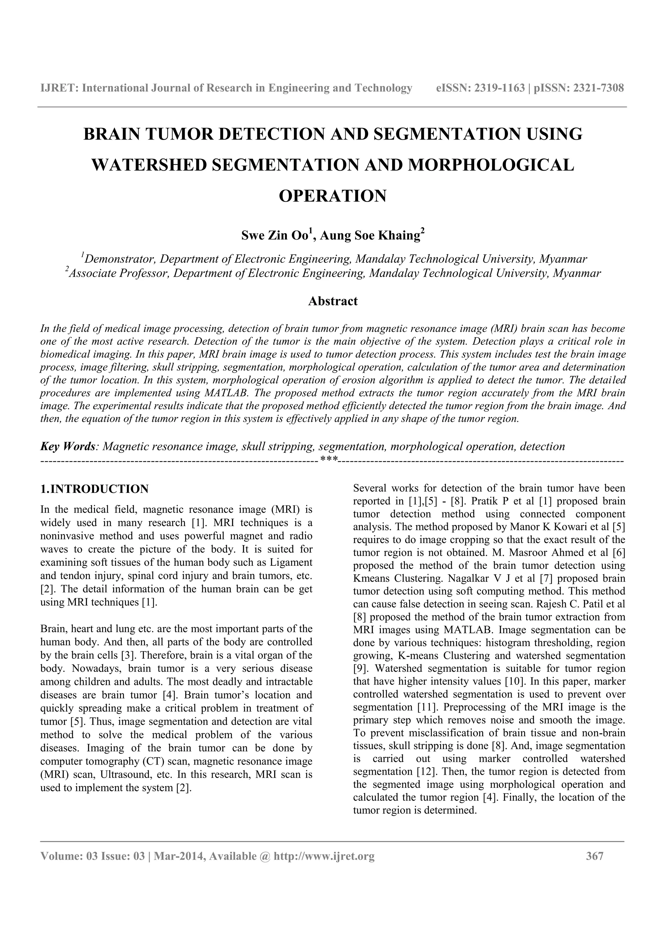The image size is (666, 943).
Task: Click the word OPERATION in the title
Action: pos(332,196)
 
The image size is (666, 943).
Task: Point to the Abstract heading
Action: pos(332,301)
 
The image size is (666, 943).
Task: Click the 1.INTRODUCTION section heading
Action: pos(94,489)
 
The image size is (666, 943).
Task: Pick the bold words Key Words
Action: pos(68,447)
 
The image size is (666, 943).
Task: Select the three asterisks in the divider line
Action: pos(328,459)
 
